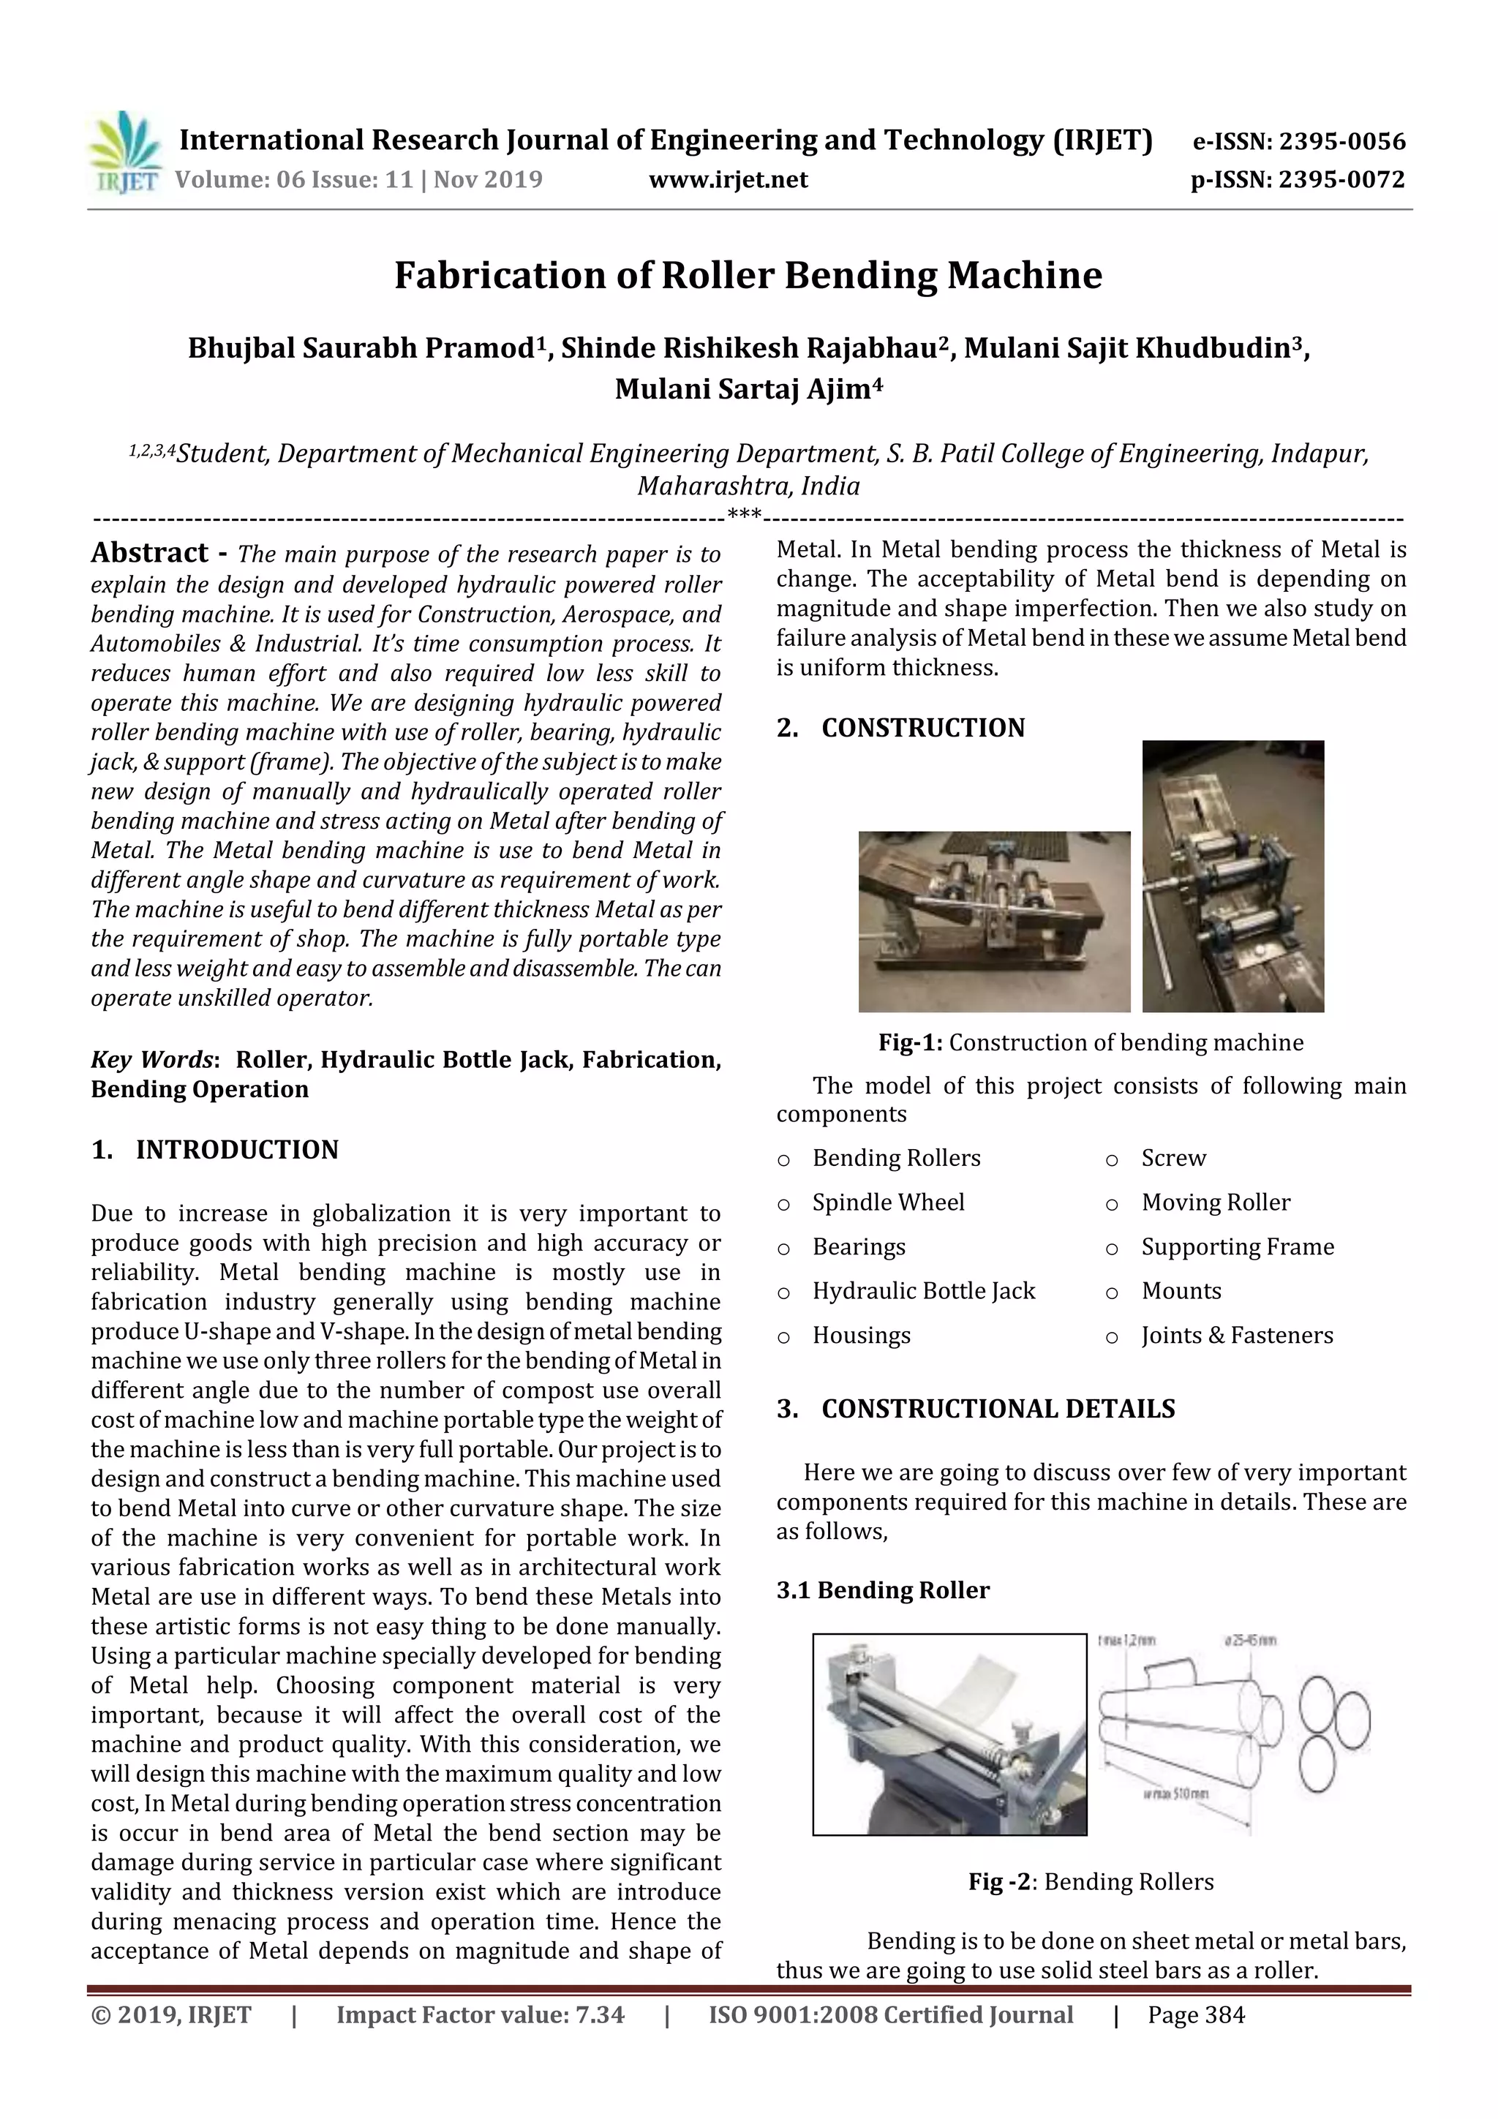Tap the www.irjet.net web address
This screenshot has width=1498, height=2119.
tap(729, 179)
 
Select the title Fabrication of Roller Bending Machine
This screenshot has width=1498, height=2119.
tap(748, 275)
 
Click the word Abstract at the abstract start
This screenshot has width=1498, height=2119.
tap(149, 553)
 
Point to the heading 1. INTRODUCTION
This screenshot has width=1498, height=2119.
tap(215, 1149)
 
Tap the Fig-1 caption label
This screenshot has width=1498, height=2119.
tap(910, 1042)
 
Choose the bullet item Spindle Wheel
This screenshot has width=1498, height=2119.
tap(888, 1202)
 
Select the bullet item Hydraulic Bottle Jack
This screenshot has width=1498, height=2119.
tap(923, 1290)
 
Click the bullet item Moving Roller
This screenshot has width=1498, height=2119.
tap(1216, 1202)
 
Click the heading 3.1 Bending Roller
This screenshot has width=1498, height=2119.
tap(882, 1589)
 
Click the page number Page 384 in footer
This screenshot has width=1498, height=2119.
tap(1196, 2014)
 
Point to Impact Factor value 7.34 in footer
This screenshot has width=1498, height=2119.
tap(480, 2014)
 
